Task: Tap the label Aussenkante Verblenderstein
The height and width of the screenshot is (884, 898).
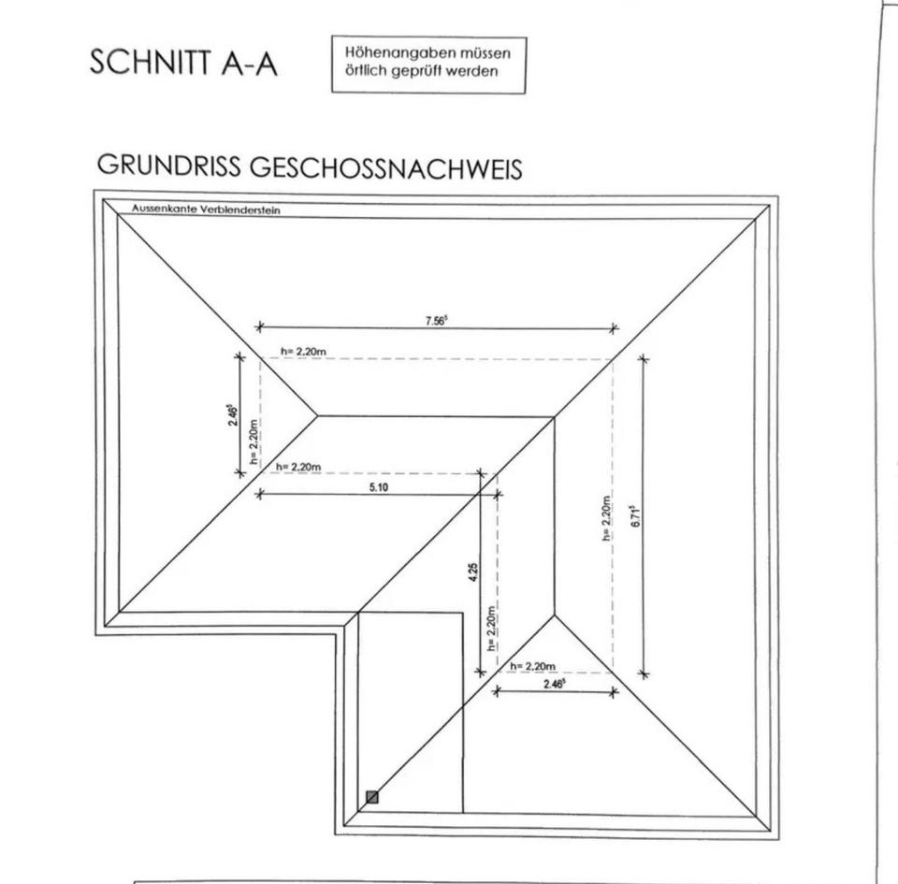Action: (206, 210)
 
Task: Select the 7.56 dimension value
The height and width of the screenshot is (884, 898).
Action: (436, 320)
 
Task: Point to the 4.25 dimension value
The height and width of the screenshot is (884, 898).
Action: (473, 572)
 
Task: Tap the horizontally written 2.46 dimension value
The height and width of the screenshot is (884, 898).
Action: (555, 684)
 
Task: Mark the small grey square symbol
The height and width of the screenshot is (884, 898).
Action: (372, 797)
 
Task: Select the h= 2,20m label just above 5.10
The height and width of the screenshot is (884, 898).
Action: (298, 467)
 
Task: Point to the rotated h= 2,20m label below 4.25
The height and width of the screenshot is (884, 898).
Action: (491, 630)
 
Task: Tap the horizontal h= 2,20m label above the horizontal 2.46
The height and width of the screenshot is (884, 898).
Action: (533, 666)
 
